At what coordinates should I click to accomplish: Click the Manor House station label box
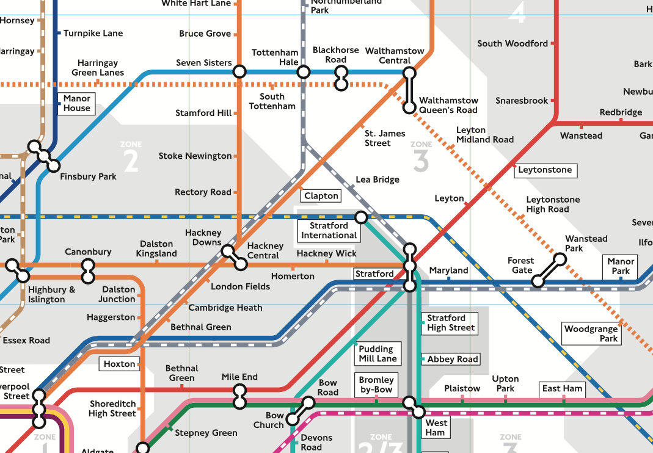(x=76, y=103)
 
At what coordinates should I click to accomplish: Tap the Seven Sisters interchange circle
(x=239, y=71)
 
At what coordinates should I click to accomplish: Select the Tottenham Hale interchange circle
(x=303, y=72)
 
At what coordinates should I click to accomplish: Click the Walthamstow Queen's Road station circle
(x=410, y=107)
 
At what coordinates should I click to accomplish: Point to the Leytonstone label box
(x=545, y=170)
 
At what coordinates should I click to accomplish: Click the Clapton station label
(x=321, y=196)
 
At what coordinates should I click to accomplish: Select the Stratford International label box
(x=329, y=231)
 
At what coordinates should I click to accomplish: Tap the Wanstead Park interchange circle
(x=560, y=259)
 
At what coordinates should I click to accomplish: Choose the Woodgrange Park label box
(x=591, y=334)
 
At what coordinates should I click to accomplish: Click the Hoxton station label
(x=119, y=364)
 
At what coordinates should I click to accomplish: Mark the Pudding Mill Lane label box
(x=378, y=354)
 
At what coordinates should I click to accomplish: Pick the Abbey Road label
(x=452, y=359)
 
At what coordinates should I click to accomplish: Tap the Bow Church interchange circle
(x=294, y=418)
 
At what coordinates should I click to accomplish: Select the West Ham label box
(x=436, y=427)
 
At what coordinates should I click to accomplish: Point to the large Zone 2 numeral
(x=131, y=161)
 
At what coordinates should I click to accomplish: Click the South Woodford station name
(x=513, y=43)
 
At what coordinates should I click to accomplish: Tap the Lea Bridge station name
(x=378, y=179)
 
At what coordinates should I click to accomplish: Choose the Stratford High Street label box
(x=451, y=323)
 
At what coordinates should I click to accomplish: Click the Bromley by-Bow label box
(x=376, y=385)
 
